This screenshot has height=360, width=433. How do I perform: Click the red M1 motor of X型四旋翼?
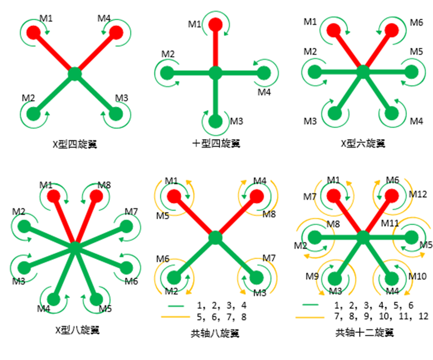pyautogui.click(x=33, y=32)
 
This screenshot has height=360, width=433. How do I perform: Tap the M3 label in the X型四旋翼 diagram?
pyautogui.click(x=122, y=98)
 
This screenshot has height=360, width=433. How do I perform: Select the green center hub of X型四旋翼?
pyautogui.click(x=75, y=74)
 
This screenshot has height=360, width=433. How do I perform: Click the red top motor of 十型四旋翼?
pyautogui.click(x=215, y=25)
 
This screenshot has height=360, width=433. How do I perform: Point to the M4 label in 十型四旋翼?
pyautogui.click(x=264, y=92)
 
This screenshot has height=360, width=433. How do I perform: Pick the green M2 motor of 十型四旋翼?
pyautogui.click(x=167, y=73)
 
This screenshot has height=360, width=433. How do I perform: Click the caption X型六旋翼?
pyautogui.click(x=363, y=143)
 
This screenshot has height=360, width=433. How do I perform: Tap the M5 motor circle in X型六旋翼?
pyautogui.click(x=411, y=72)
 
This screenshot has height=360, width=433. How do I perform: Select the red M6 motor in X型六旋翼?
pyautogui.click(x=392, y=30)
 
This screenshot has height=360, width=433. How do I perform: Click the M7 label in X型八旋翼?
pyautogui.click(x=131, y=212)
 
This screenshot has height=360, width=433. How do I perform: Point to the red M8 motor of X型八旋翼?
pyautogui.click(x=96, y=196)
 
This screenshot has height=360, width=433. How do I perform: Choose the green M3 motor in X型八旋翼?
pyautogui.click(x=24, y=268)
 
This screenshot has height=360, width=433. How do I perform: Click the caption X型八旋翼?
pyautogui.click(x=78, y=330)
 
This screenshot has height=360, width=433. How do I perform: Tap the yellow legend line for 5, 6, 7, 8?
pyautogui.click(x=175, y=317)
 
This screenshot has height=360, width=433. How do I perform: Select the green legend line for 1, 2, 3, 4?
pyautogui.click(x=176, y=306)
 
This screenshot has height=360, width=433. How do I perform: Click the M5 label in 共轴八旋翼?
pyautogui.click(x=163, y=216)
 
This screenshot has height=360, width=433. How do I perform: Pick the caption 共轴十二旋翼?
pyautogui.click(x=364, y=333)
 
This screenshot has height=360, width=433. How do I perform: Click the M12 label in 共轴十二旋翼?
pyautogui.click(x=418, y=194)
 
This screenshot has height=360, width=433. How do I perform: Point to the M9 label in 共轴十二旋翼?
pyautogui.click(x=312, y=276)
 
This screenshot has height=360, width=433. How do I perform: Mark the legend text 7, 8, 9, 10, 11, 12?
pyautogui.click(x=381, y=316)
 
